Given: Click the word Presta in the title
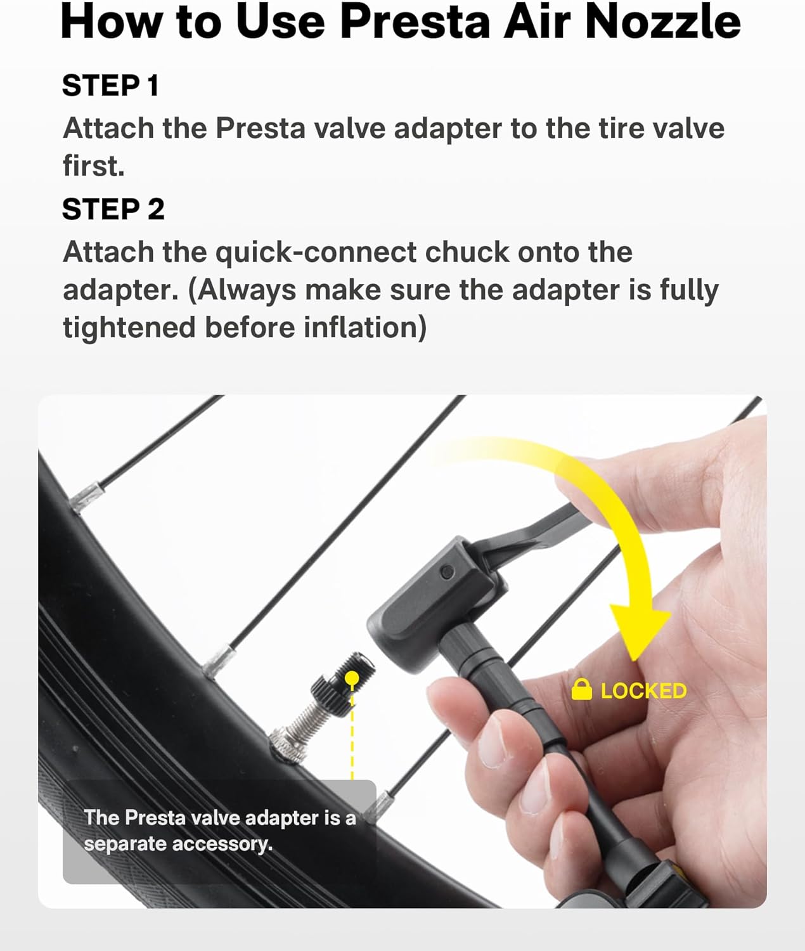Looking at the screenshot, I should point(415,22).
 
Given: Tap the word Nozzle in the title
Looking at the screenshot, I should point(662,22).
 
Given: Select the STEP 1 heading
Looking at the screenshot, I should point(110,86).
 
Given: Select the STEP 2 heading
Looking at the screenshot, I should point(113,209).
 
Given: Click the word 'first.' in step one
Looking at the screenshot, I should point(93,166).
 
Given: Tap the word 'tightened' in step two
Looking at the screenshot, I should point(129,328).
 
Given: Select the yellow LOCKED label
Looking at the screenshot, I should point(643,690).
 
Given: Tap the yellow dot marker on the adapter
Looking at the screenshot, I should point(352,679).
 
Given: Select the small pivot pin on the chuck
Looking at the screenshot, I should point(448,572).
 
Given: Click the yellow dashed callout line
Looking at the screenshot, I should point(352,735).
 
